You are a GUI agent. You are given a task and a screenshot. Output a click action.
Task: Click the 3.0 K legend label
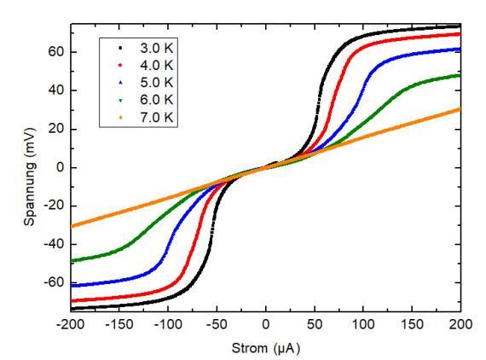(x=157, y=48)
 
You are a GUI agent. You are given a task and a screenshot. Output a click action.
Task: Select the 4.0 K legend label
(x=157, y=65)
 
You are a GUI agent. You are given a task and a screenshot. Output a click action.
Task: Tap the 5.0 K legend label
(x=157, y=83)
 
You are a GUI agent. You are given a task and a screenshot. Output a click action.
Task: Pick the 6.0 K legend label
(x=157, y=100)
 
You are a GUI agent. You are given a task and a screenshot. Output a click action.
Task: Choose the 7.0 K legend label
(x=157, y=118)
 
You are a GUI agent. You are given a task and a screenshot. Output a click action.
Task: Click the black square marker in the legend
(x=120, y=48)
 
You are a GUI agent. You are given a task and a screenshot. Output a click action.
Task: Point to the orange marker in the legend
(x=120, y=118)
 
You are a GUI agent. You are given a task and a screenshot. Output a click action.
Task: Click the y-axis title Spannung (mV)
(x=30, y=177)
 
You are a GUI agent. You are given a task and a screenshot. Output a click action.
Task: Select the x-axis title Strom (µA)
(x=266, y=349)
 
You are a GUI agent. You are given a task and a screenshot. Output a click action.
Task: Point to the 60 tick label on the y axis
(x=55, y=52)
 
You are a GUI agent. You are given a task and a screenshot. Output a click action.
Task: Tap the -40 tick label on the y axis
(x=54, y=244)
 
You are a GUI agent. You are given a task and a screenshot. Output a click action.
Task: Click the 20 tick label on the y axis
(x=55, y=129)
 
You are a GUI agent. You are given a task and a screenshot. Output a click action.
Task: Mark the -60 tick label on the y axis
(x=54, y=282)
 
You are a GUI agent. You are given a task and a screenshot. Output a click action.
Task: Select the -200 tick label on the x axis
(x=71, y=324)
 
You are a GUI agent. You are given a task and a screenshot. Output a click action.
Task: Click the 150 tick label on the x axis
(x=412, y=324)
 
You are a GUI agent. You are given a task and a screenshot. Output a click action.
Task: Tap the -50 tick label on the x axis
(x=217, y=324)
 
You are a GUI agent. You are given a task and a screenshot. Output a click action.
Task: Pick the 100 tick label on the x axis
(x=363, y=324)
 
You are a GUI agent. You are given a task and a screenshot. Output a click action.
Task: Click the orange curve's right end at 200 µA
(x=460, y=109)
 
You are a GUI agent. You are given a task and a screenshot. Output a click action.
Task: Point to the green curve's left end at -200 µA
(x=72, y=261)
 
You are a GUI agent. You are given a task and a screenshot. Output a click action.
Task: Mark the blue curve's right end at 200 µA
(x=460, y=49)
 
